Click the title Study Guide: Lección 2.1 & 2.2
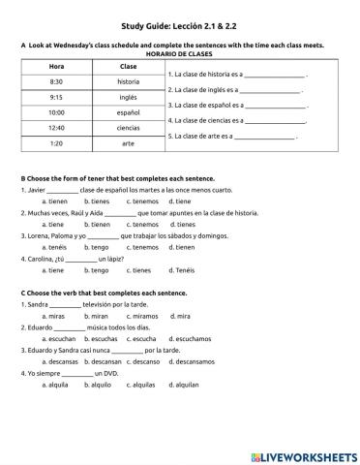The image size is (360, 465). pyautogui.click(x=179, y=27)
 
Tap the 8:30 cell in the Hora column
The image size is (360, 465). pyautogui.click(x=56, y=81)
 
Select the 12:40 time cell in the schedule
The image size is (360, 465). pyautogui.click(x=56, y=127)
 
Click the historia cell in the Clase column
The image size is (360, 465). pyautogui.click(x=128, y=81)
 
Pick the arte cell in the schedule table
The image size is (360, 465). pyautogui.click(x=128, y=142)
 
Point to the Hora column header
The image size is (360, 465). pyautogui.click(x=56, y=66)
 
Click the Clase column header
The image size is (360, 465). pyautogui.click(x=128, y=66)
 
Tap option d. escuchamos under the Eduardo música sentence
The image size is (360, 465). pyautogui.click(x=193, y=339)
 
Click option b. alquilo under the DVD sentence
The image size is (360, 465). pyautogui.click(x=97, y=385)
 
